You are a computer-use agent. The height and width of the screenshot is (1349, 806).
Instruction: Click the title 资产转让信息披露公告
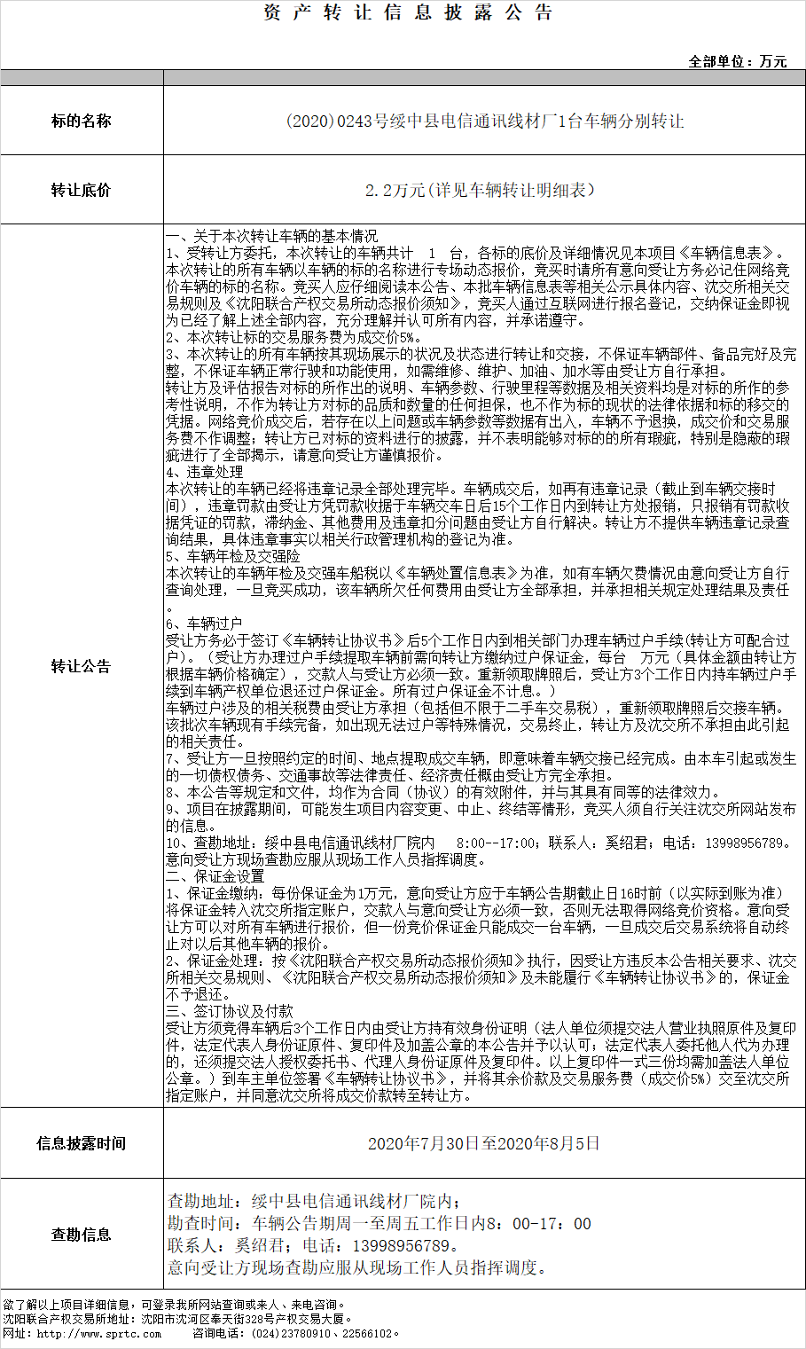tap(408, 12)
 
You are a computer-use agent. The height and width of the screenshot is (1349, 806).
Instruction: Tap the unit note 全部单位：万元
tap(738, 61)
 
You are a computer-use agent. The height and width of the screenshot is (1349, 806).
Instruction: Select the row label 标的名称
tap(82, 121)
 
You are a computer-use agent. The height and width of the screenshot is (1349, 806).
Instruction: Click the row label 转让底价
tap(82, 190)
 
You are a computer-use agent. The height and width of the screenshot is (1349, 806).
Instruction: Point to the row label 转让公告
tap(82, 666)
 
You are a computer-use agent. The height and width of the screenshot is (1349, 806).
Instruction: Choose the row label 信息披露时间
tap(82, 1143)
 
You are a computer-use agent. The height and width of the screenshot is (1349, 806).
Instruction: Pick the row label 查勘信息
tap(82, 1234)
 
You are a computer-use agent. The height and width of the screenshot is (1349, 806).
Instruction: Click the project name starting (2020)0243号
tap(484, 122)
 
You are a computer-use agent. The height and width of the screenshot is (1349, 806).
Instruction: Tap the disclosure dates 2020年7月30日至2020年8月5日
tap(484, 1143)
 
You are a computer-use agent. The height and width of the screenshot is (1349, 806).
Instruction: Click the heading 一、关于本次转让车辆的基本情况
tap(272, 236)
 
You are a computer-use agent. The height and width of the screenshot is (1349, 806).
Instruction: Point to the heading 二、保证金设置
tap(215, 876)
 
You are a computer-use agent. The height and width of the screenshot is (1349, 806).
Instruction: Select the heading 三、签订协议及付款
tap(230, 1011)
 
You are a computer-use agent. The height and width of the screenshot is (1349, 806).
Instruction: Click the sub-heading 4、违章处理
tap(205, 472)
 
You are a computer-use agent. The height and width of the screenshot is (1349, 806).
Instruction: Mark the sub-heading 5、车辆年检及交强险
tap(233, 556)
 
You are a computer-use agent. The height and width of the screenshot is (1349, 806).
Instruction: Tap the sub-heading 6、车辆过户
tap(205, 624)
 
